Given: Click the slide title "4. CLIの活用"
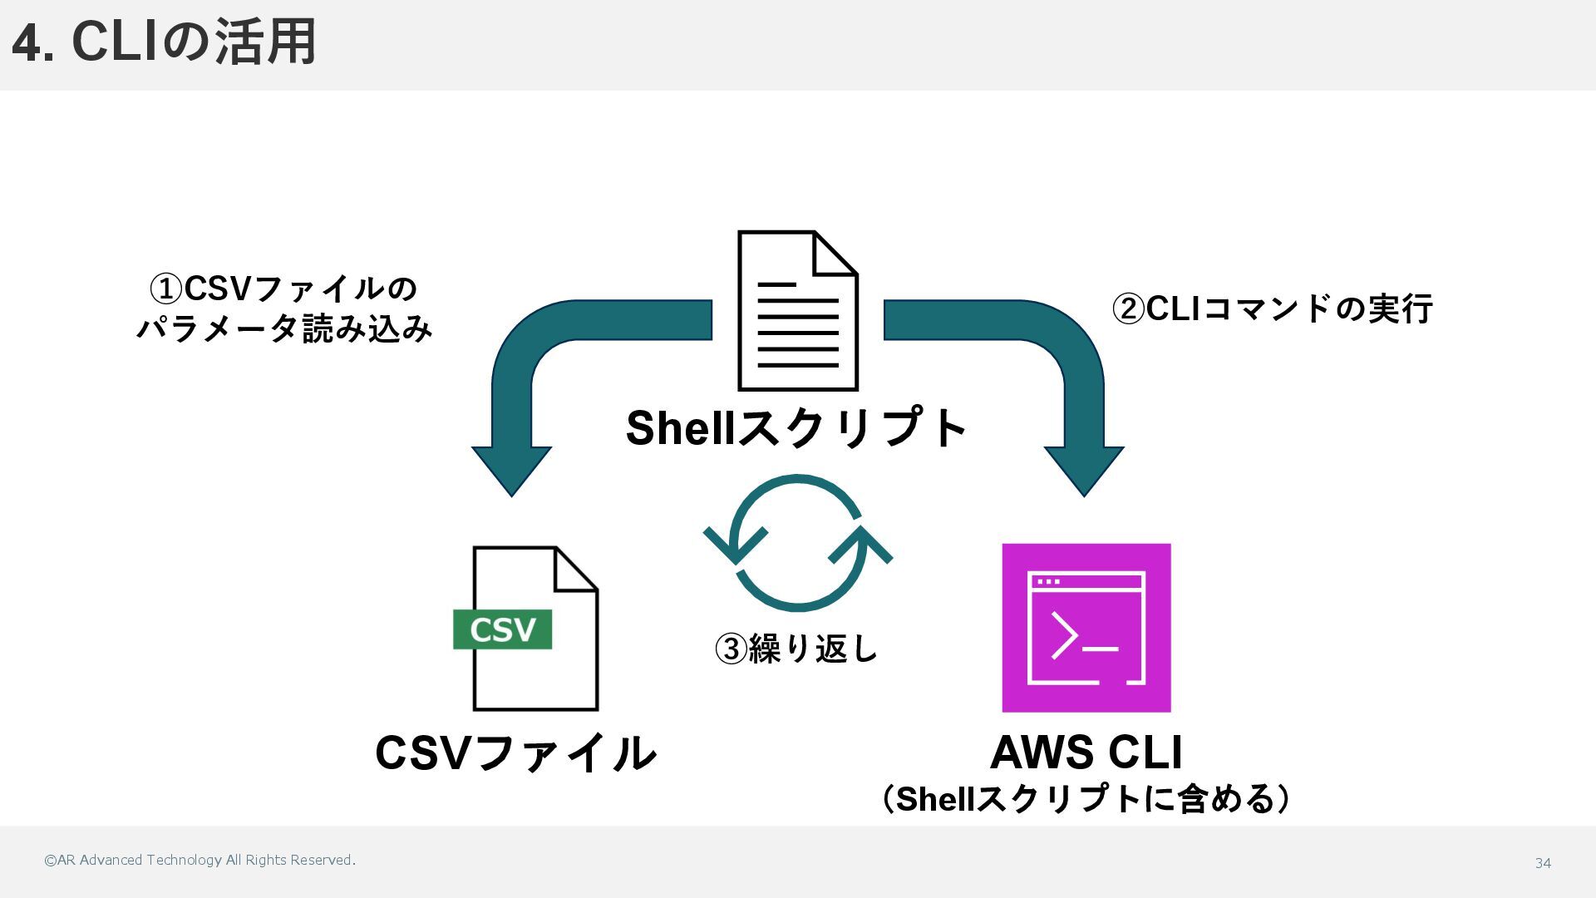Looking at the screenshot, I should [164, 42].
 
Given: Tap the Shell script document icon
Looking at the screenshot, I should [797, 311].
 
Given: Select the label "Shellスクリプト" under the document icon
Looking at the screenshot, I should [796, 428].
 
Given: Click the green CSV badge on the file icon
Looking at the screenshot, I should [502, 629].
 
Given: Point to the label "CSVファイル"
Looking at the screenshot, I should [515, 753].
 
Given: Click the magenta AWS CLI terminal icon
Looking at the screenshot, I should [1086, 628].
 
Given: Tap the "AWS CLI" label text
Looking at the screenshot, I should [1086, 752].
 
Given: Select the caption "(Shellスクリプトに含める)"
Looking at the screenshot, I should [1086, 799].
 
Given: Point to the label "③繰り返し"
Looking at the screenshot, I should [796, 649].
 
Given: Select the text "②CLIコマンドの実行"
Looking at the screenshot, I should [1272, 308].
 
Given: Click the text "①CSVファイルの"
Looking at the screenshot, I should [283, 289].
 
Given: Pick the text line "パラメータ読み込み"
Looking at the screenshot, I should [284, 329].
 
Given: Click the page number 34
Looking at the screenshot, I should [1543, 863].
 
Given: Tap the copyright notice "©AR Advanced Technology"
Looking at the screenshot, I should [199, 861].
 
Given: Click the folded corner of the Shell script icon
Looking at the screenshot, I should [834, 254].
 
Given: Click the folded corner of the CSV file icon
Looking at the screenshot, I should [575, 569].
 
